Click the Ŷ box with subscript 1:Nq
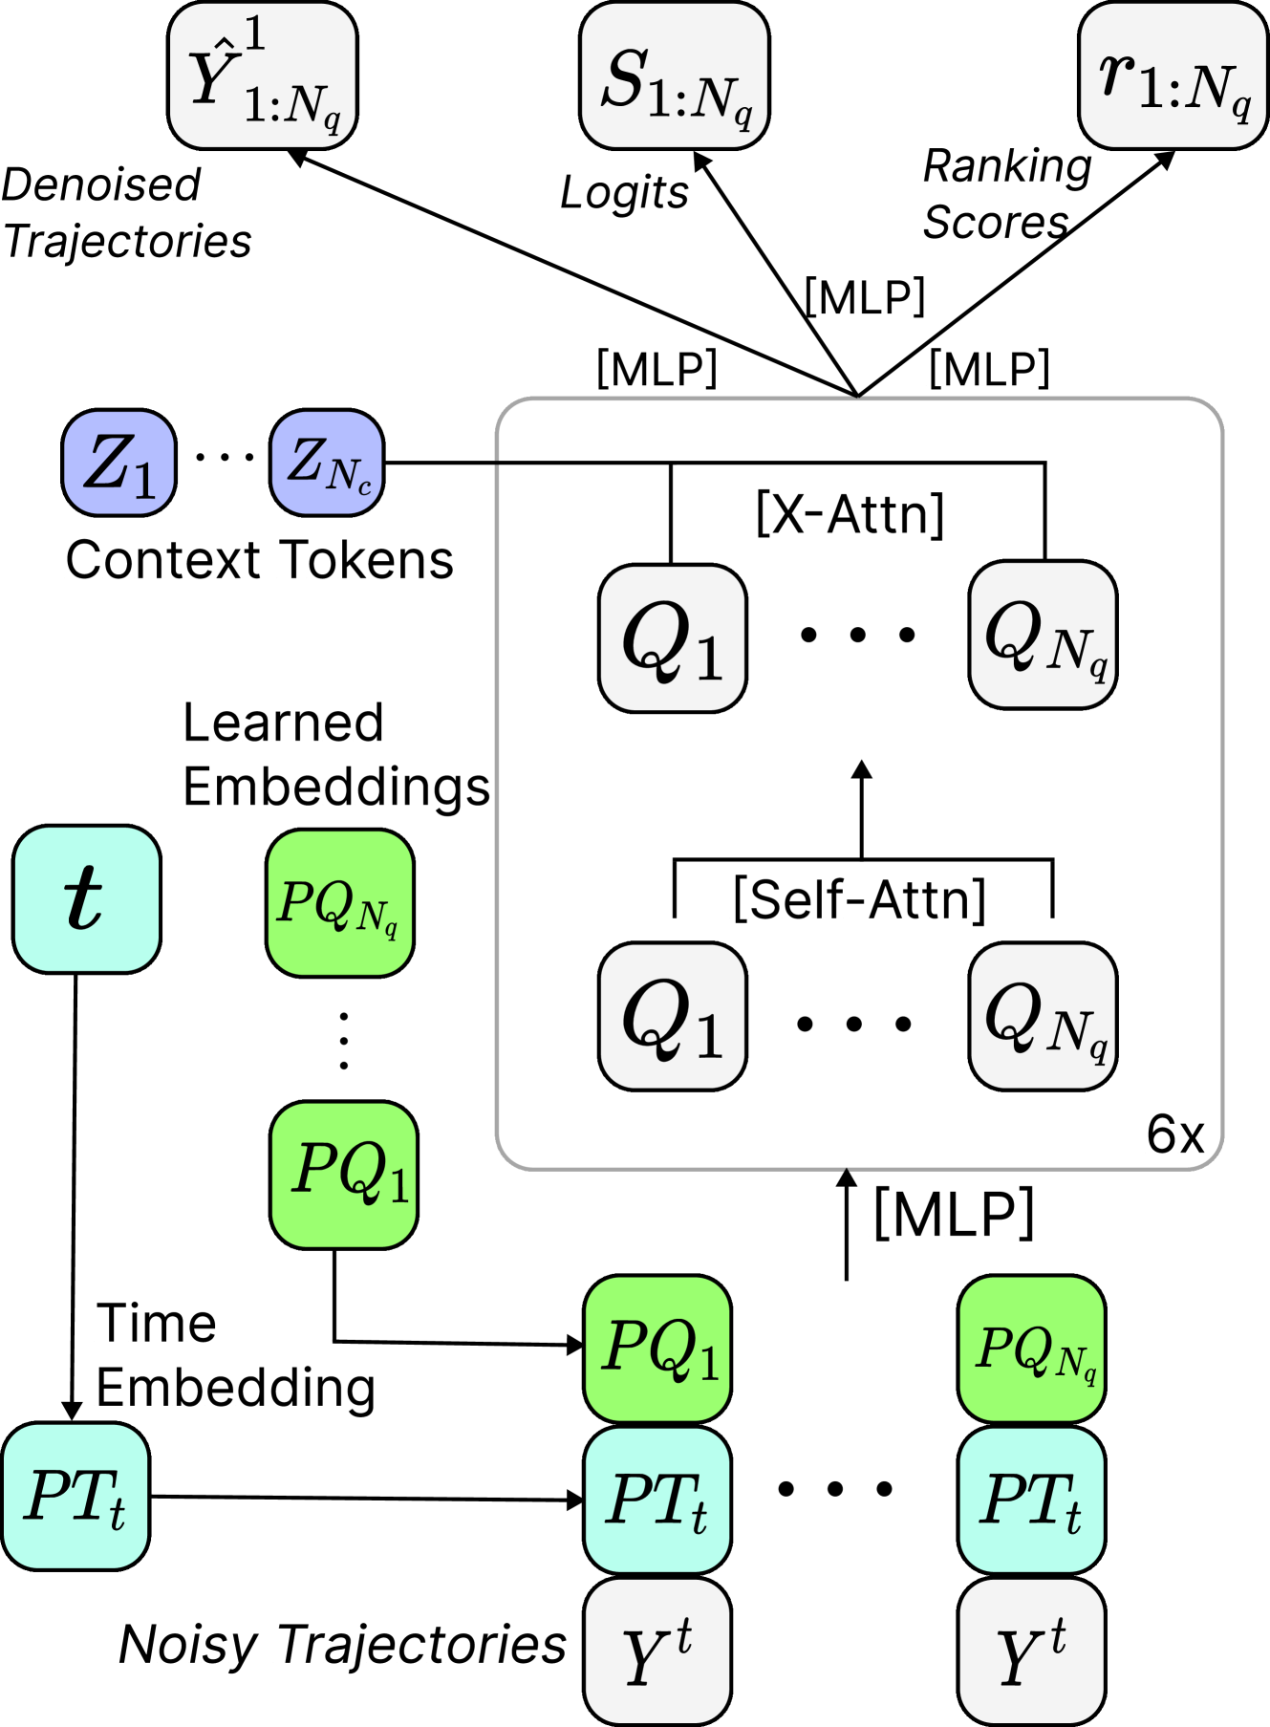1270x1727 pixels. click(x=263, y=76)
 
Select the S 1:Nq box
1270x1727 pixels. click(x=675, y=76)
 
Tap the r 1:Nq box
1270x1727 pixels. click(x=1173, y=76)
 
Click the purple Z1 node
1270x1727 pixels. click(x=118, y=464)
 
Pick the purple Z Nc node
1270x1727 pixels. click(x=327, y=464)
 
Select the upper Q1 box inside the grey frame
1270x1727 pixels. click(x=673, y=638)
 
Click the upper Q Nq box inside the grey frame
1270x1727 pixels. click(x=1043, y=636)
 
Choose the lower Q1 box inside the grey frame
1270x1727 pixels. click(x=673, y=1017)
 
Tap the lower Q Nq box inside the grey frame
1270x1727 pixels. click(x=1043, y=1017)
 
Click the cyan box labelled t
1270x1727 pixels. click(x=86, y=899)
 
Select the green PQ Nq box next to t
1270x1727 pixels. click(x=340, y=903)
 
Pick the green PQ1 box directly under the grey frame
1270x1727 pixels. click(x=657, y=1349)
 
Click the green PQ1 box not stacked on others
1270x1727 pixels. click(x=344, y=1175)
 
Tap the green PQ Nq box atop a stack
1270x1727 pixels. click(x=1032, y=1349)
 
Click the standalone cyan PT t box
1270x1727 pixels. click(x=75, y=1497)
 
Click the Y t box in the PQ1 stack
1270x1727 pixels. click(x=657, y=1651)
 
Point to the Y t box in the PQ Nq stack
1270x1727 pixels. click(x=1032, y=1651)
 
